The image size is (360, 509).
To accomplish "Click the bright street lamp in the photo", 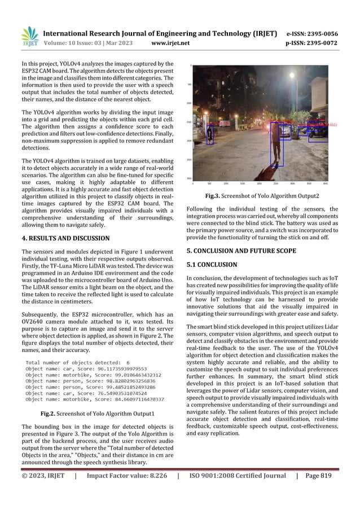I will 293,75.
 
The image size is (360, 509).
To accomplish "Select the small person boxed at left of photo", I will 210,134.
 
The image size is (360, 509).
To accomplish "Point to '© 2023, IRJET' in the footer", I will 43,491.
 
